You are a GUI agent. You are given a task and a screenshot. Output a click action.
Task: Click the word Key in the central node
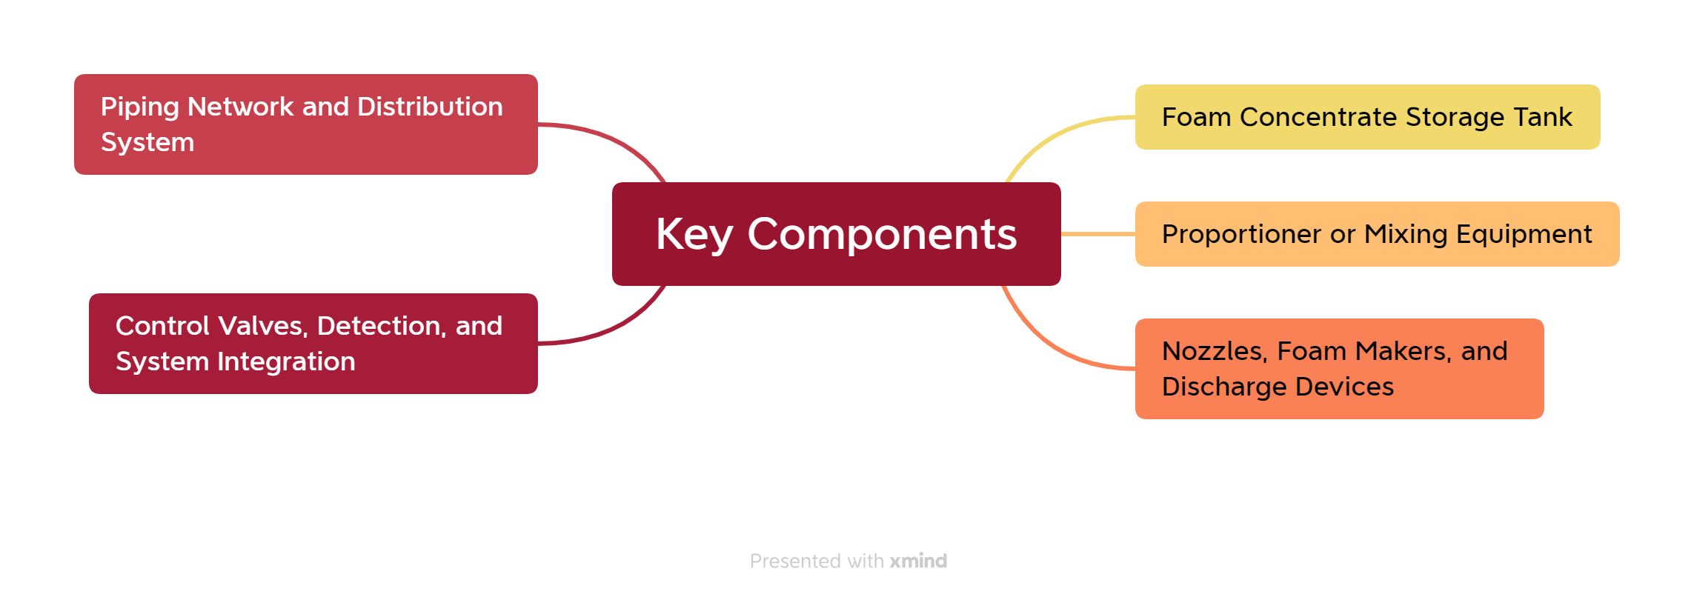(x=694, y=235)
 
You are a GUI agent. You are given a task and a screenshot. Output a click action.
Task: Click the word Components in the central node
(x=882, y=235)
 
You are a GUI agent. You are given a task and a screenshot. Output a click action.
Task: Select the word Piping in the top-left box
(x=140, y=107)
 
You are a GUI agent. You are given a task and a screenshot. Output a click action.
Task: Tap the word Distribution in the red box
(x=430, y=107)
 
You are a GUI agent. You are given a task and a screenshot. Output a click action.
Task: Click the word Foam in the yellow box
(x=1196, y=117)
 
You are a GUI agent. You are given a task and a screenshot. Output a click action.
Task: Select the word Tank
(x=1542, y=117)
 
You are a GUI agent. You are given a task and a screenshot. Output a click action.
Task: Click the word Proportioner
(x=1241, y=235)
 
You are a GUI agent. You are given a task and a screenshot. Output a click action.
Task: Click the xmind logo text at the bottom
(x=918, y=561)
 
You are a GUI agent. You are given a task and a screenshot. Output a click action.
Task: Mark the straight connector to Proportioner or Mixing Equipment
(x=1098, y=234)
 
